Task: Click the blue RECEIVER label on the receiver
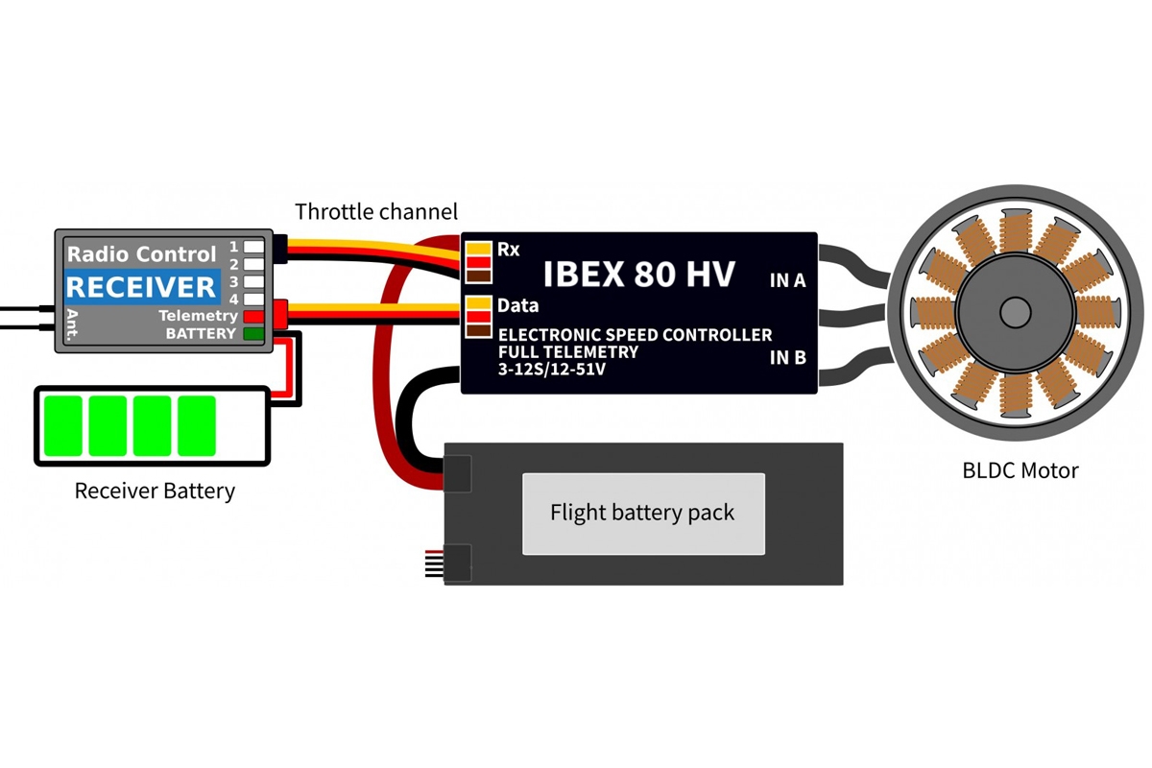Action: (141, 286)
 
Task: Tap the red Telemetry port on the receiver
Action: (253, 316)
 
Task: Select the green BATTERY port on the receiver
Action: (253, 334)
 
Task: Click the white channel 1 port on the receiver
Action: (253, 247)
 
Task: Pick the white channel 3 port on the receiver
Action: (253, 282)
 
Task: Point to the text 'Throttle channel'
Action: (376, 211)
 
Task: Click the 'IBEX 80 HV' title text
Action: (638, 275)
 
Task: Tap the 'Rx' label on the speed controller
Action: (508, 250)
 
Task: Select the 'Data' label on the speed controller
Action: (517, 306)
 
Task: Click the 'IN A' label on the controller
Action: (787, 281)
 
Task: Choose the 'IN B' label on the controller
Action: (787, 358)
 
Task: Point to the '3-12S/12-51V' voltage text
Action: (552, 368)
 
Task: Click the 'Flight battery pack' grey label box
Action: (643, 514)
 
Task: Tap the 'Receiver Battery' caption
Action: (155, 492)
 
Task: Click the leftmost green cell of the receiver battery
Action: (62, 425)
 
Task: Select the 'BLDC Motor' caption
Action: (1020, 470)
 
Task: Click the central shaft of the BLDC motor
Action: (1015, 313)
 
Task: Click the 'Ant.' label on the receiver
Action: (73, 324)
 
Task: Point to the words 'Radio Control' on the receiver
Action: (141, 254)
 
